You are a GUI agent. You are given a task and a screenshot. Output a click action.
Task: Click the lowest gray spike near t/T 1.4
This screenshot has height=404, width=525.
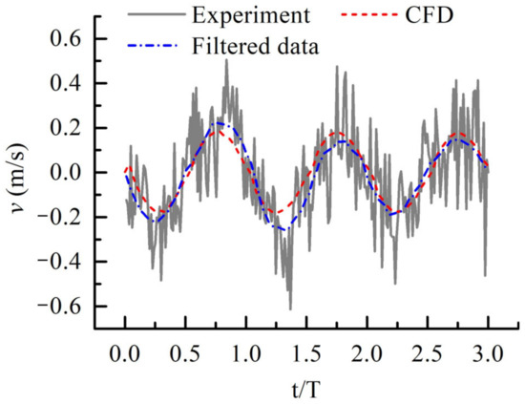click(x=290, y=308)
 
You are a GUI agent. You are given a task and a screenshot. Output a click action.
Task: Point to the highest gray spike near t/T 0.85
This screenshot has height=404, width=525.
click(x=226, y=60)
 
